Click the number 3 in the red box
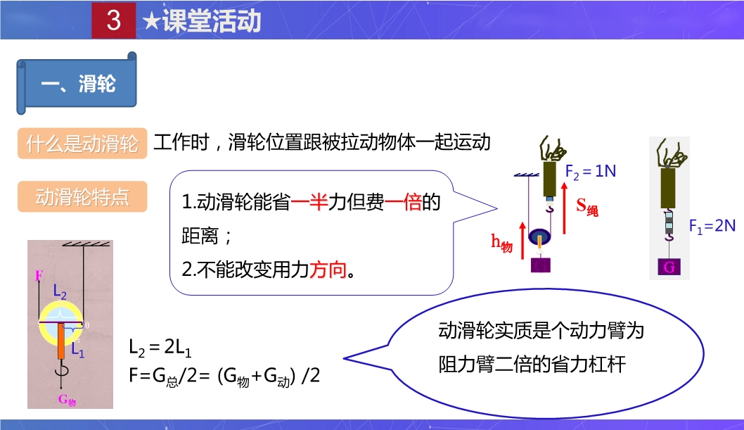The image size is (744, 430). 113,20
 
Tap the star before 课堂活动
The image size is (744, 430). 151,21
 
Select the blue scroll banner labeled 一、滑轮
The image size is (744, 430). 77,84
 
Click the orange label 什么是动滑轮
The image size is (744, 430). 82,144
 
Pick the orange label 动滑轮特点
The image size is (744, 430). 82,196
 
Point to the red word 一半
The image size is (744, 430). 309,202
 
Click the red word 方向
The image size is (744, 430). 328,270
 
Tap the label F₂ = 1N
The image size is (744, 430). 590,171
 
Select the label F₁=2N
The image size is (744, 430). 712,226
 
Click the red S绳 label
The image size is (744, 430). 587,206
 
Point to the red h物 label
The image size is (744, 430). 501,243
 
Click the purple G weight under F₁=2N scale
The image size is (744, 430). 669,267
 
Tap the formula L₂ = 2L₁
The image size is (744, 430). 160,348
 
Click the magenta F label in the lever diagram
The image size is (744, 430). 39,274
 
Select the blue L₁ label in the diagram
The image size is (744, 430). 77,350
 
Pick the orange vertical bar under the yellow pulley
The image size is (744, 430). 61,341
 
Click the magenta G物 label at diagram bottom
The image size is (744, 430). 67,400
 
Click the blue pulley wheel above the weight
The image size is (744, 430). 539,236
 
